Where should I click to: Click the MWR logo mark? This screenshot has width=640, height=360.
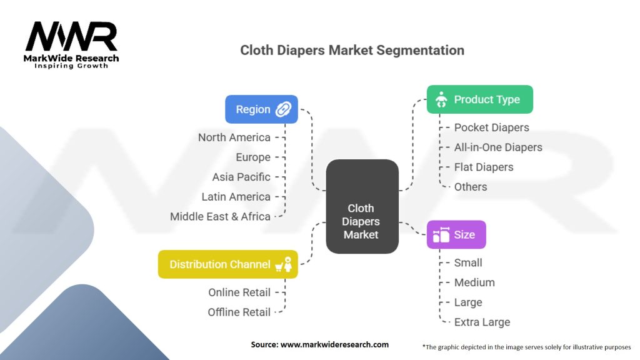pyautogui.click(x=71, y=36)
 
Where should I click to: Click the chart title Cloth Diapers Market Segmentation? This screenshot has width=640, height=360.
pyautogui.click(x=352, y=50)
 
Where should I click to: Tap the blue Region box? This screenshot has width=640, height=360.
pyautogui.click(x=262, y=109)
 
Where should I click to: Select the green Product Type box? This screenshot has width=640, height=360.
pyautogui.click(x=480, y=99)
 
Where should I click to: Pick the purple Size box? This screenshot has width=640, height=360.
pyautogui.click(x=456, y=235)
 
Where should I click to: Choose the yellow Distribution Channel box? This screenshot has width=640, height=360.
pyautogui.click(x=228, y=264)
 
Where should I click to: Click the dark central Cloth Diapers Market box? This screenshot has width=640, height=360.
pyautogui.click(x=362, y=206)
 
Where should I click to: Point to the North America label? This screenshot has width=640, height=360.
pyautogui.click(x=234, y=137)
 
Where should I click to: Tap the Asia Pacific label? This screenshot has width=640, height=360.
pyautogui.click(x=241, y=177)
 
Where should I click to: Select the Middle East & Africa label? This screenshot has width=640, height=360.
pyautogui.click(x=221, y=216)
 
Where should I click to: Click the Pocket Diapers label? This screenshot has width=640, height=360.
pyautogui.click(x=491, y=127)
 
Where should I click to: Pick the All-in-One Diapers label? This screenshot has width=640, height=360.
pyautogui.click(x=498, y=147)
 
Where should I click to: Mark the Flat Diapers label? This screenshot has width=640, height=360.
pyautogui.click(x=484, y=167)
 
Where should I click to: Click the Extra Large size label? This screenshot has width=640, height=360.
pyautogui.click(x=482, y=322)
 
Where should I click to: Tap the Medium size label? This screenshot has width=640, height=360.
pyautogui.click(x=474, y=282)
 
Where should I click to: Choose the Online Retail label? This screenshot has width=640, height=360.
pyautogui.click(x=239, y=292)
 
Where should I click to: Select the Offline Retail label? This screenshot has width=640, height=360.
pyautogui.click(x=239, y=312)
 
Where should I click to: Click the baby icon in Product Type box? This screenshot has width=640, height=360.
pyautogui.click(x=441, y=99)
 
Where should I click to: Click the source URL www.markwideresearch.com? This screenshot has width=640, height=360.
pyautogui.click(x=335, y=344)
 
